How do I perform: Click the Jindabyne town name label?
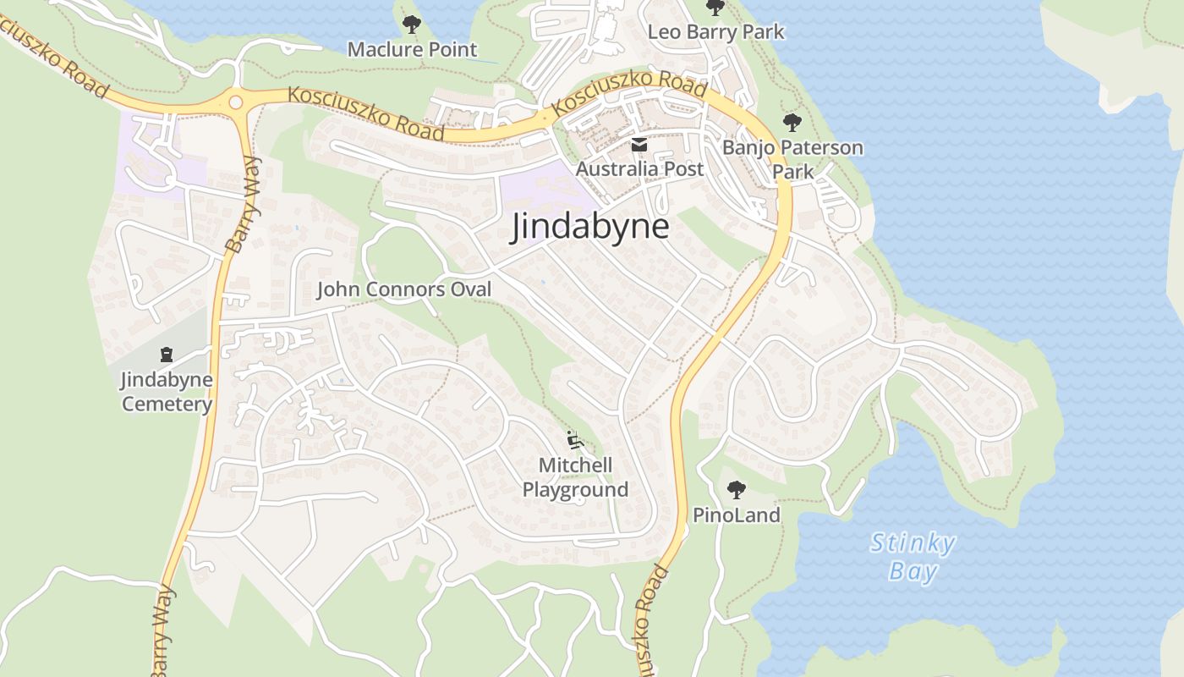(x=589, y=228)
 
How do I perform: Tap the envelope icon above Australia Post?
(x=639, y=145)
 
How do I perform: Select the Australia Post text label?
(x=639, y=169)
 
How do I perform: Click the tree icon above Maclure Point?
(x=412, y=25)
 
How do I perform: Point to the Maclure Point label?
(x=412, y=50)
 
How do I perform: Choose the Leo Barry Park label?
(x=715, y=32)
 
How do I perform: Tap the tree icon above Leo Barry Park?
(x=715, y=8)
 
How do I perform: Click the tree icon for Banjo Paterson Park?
(x=792, y=123)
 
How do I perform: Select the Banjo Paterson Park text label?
(x=792, y=159)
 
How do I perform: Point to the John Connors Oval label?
(x=403, y=289)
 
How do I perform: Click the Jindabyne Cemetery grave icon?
(x=167, y=355)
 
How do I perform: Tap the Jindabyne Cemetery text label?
(x=167, y=392)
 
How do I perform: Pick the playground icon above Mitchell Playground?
(x=575, y=440)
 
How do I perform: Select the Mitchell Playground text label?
(x=575, y=477)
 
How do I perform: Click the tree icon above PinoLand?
(x=736, y=489)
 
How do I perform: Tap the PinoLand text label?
(x=736, y=515)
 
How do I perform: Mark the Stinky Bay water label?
(x=913, y=557)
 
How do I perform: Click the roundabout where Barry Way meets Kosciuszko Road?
(x=235, y=102)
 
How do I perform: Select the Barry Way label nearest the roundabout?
(x=244, y=205)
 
